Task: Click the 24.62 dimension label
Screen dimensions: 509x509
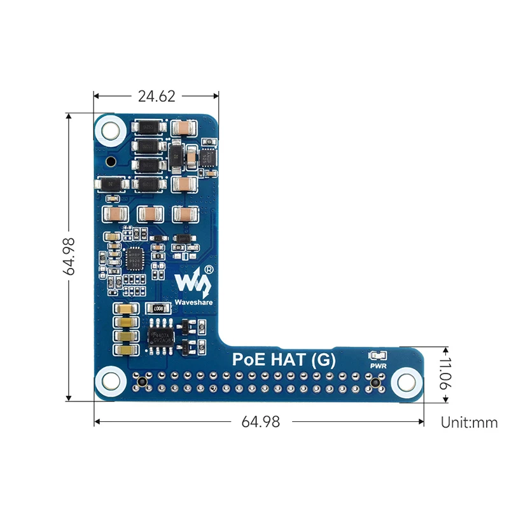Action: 157,96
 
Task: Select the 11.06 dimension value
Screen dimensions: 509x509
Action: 445,375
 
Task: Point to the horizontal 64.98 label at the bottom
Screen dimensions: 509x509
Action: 260,422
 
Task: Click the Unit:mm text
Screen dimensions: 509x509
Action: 469,422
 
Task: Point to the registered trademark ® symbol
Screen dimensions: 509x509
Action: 209,269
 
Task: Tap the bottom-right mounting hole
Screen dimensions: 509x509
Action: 405,382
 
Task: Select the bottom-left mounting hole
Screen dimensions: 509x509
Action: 110,382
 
